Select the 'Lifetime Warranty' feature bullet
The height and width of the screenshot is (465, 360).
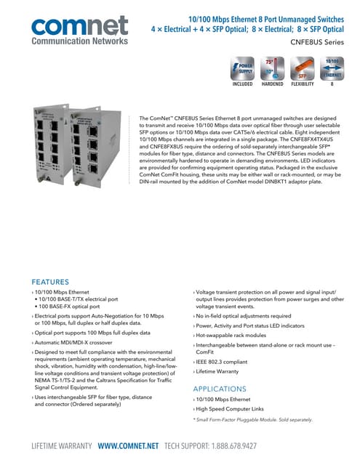coord(219,371)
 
